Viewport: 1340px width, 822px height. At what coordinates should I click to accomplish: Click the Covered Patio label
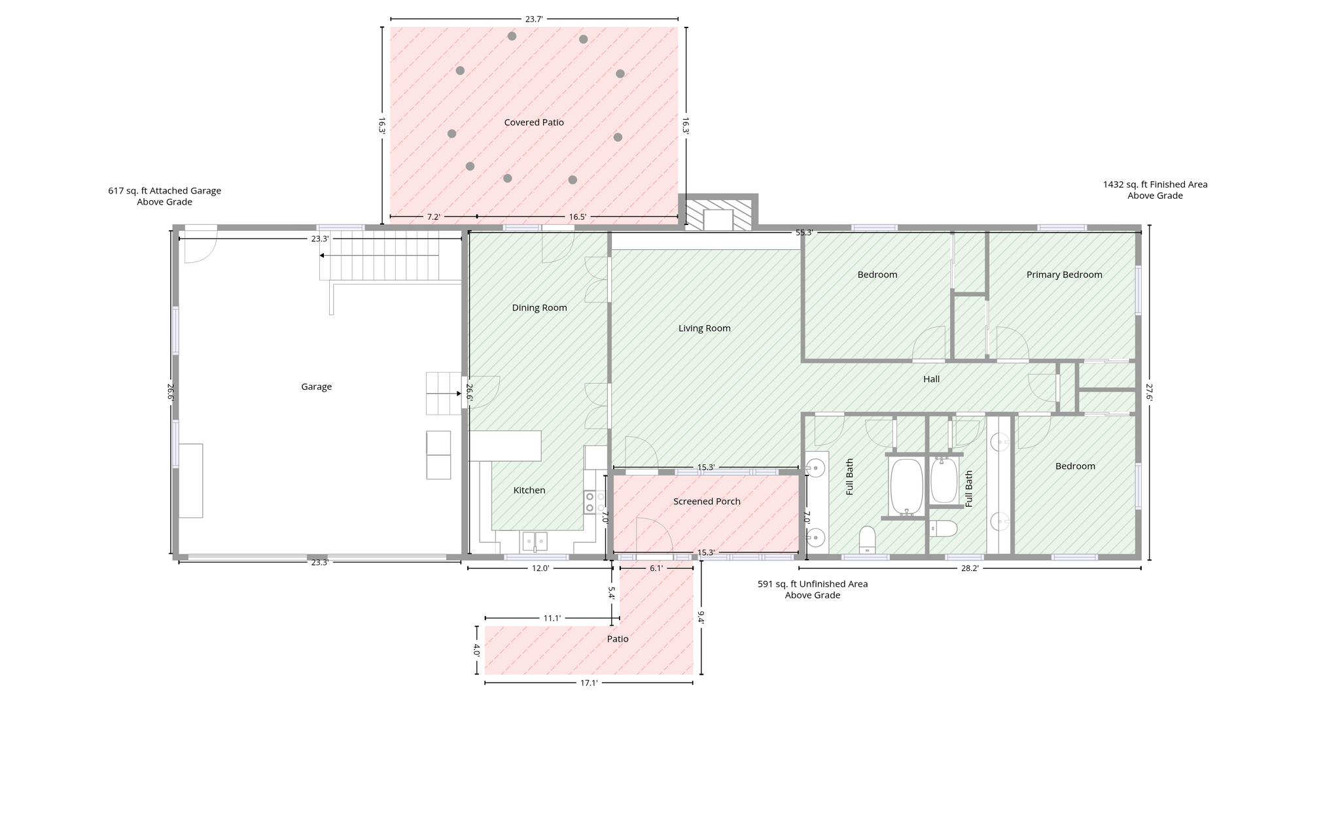pos(534,122)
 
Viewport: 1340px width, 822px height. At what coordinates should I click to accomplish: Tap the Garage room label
pos(316,386)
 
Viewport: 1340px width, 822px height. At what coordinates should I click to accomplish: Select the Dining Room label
pos(539,307)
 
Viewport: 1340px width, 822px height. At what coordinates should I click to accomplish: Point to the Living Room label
pos(704,328)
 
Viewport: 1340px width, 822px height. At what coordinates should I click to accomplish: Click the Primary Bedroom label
pos(1064,275)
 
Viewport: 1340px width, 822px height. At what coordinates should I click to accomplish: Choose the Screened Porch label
pos(707,502)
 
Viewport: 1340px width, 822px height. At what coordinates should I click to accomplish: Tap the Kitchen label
pos(529,490)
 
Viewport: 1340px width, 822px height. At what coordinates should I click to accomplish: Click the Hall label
pos(931,379)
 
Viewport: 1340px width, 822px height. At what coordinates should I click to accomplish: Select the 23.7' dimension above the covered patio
pos(534,19)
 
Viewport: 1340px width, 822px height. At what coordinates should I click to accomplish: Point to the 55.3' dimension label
pos(804,232)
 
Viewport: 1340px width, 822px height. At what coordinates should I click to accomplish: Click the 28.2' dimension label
pos(970,568)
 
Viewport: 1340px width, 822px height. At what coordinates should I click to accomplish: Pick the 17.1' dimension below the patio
pos(589,683)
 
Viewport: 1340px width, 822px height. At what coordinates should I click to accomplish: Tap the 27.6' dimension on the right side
pos(1149,392)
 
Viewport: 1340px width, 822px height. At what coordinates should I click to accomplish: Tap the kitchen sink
pos(535,541)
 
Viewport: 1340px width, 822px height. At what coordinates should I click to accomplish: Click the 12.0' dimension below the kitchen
pos(540,568)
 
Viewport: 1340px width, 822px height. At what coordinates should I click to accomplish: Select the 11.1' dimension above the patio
pos(552,618)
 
